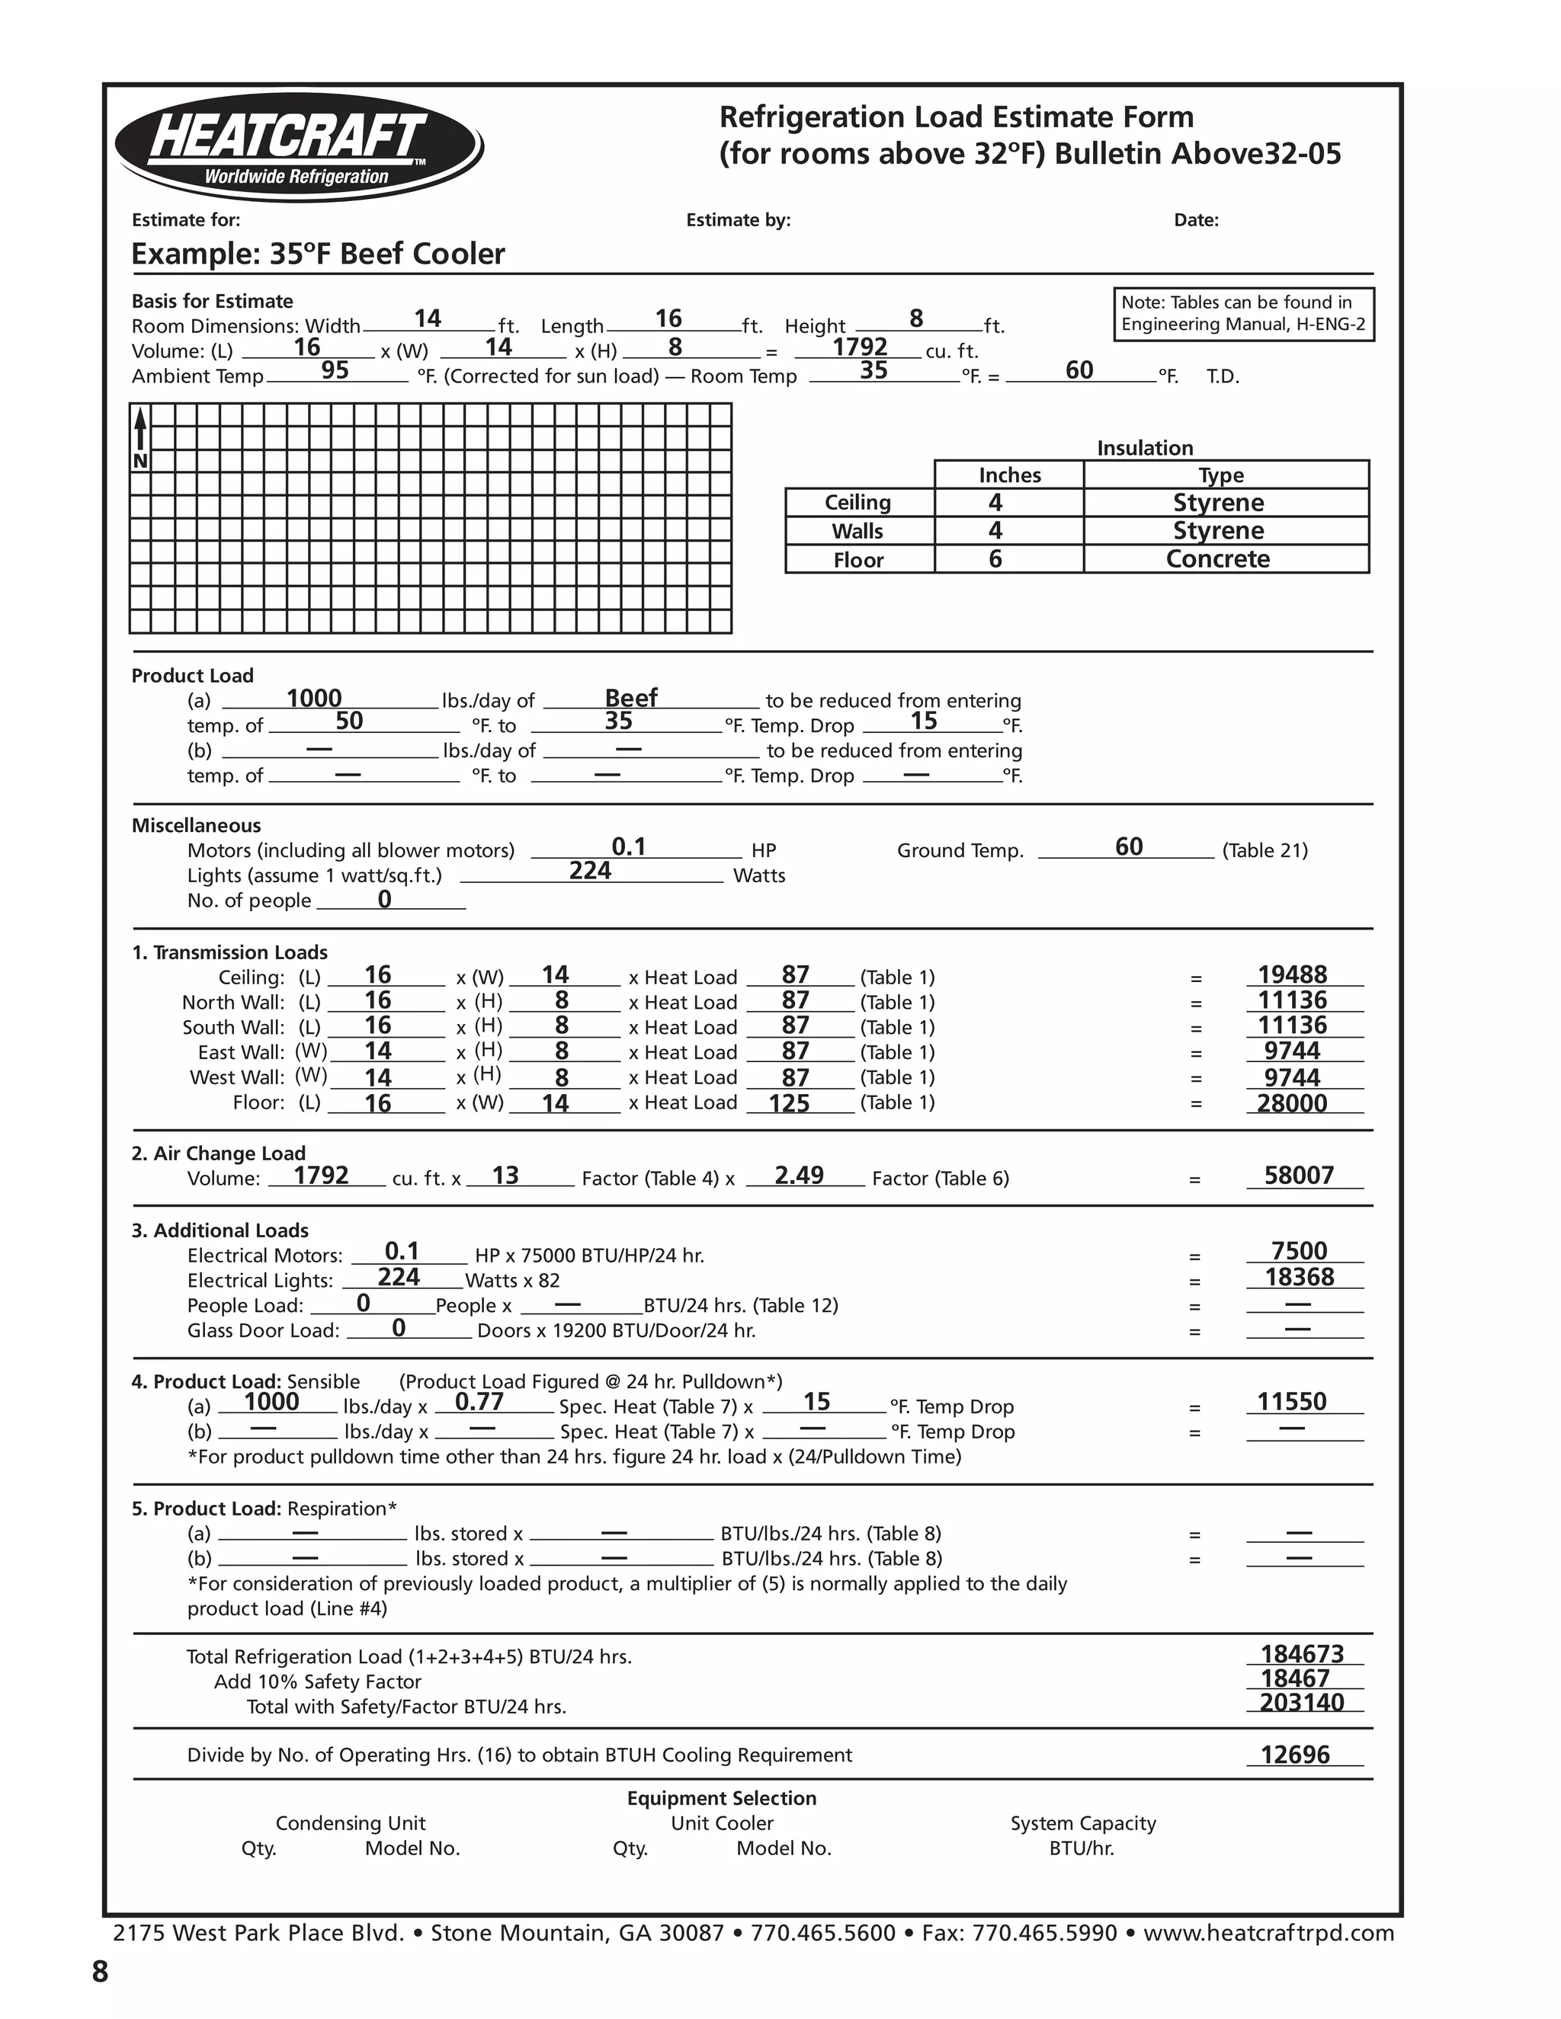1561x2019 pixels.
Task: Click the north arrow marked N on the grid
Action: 140,439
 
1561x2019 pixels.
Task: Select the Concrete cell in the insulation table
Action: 1217,559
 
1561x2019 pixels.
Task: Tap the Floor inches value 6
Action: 995,559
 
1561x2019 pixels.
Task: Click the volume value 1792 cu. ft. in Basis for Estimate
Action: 859,347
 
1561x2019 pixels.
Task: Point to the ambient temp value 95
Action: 335,371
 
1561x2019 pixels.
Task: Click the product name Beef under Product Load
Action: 630,698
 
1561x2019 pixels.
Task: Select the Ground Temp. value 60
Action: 1128,846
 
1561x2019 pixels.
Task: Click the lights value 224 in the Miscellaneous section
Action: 590,871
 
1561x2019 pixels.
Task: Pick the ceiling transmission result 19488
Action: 1292,974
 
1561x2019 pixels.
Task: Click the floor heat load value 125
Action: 789,1103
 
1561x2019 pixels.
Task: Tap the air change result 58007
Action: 1298,1176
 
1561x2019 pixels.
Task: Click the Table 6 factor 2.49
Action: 799,1176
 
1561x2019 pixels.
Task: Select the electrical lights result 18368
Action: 1300,1278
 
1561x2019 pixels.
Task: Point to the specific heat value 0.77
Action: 479,1403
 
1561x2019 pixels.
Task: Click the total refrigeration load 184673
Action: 1301,1654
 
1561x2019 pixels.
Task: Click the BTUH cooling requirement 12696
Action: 1295,1755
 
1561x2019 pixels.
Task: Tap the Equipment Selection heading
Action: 721,1798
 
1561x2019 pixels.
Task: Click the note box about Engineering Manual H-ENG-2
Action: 1243,313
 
